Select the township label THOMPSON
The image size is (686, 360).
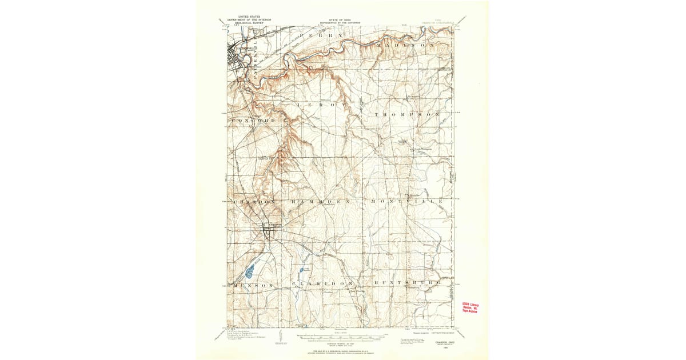[x=408, y=115]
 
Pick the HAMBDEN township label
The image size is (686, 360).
[x=320, y=202]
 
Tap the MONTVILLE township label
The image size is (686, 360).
[x=406, y=202]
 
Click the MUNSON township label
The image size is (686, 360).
[x=254, y=284]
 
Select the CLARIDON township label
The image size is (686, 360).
[x=320, y=284]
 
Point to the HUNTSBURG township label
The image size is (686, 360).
[x=407, y=283]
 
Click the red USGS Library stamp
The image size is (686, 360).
[x=470, y=307]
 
